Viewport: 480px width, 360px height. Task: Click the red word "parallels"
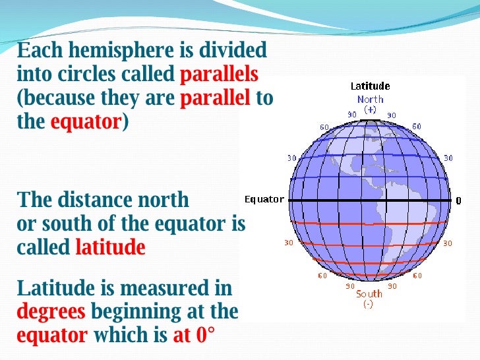(x=219, y=74)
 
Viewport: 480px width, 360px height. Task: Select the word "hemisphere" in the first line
(x=106, y=50)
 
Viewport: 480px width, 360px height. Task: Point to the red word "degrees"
(x=51, y=311)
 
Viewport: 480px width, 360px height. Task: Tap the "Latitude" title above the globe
(x=370, y=86)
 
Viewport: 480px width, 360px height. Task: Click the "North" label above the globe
(x=370, y=100)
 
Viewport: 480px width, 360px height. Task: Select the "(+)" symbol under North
(x=370, y=110)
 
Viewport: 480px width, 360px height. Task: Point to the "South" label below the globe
(x=369, y=294)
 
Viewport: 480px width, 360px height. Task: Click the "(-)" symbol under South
(x=369, y=304)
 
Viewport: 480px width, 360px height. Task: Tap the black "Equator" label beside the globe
(x=264, y=200)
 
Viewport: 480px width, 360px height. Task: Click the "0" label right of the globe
(x=458, y=200)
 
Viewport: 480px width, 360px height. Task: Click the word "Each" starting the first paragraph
(x=38, y=50)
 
